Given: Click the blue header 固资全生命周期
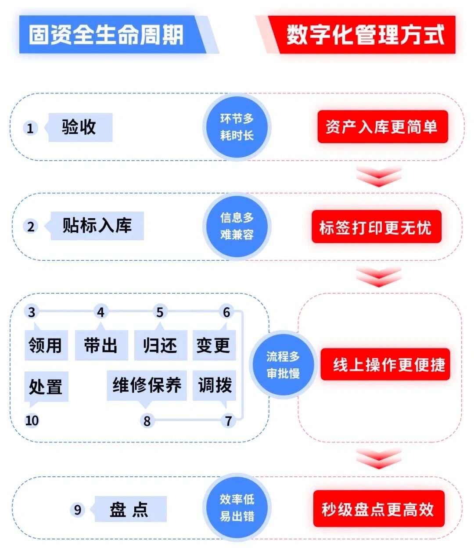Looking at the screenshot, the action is [x=107, y=35].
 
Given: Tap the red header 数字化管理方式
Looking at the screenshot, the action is [x=365, y=35].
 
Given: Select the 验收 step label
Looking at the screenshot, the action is [x=79, y=127].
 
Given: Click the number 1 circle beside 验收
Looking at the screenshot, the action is [x=30, y=128].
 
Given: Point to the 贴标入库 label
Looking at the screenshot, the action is [x=97, y=226].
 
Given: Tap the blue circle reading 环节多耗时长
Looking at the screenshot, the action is [x=237, y=127].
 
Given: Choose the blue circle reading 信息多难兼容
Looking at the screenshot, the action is [x=237, y=226].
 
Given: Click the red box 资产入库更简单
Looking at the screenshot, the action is [x=382, y=127].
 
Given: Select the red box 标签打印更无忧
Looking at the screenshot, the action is [x=376, y=227].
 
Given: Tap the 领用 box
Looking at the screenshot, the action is [x=46, y=345].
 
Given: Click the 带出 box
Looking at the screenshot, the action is [x=101, y=345].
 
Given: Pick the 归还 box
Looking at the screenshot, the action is [x=160, y=345].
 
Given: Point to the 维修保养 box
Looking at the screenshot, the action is [x=147, y=385].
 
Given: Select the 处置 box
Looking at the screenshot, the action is [x=46, y=386].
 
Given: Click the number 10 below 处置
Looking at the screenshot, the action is [x=32, y=421].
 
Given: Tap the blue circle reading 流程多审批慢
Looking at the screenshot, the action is [x=283, y=365].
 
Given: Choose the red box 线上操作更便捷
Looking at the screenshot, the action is [x=385, y=364].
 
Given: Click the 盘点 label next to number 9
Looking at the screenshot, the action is [x=130, y=509].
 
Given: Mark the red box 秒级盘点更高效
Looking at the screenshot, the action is [x=378, y=509].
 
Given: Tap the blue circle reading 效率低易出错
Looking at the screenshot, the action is [x=237, y=507].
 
